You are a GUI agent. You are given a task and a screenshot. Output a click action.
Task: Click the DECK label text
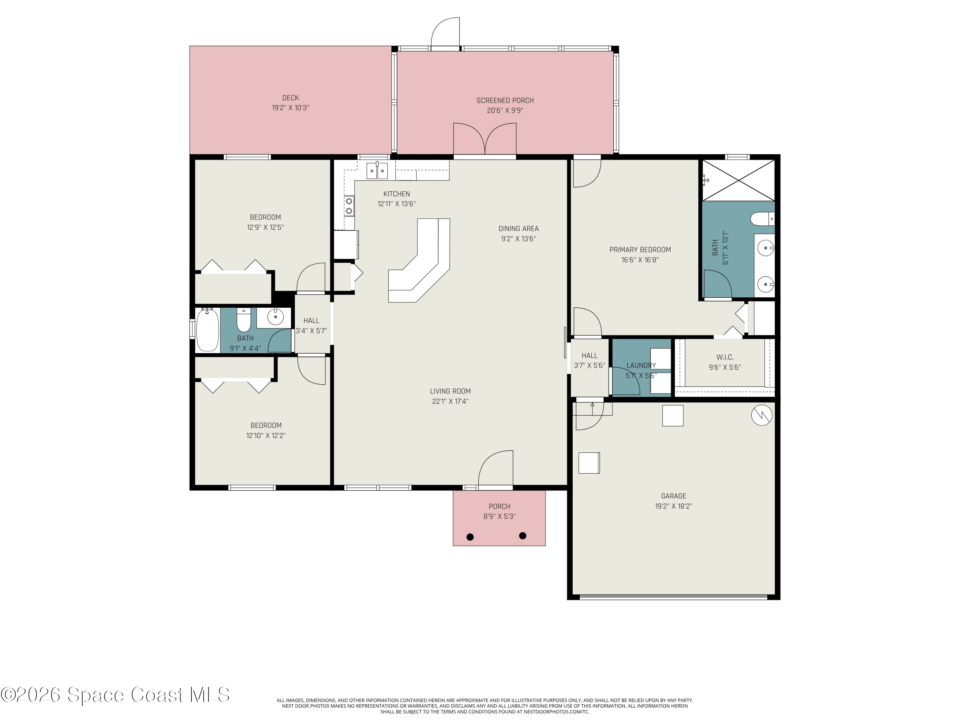point(290,98)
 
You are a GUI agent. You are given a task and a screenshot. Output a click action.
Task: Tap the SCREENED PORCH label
point(505,101)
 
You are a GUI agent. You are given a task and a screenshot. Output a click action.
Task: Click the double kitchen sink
point(377,170)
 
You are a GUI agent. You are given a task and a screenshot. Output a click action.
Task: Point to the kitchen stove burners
point(349,206)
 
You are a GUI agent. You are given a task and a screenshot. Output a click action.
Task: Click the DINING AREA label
point(518,229)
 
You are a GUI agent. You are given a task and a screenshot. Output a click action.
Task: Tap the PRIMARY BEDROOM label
point(640,250)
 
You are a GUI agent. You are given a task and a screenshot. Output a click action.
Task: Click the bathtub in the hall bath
point(208,330)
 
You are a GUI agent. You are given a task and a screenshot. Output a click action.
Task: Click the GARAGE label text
point(674,496)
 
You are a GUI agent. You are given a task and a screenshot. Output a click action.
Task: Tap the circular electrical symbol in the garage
point(762,415)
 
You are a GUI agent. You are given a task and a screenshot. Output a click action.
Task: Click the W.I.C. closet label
point(725,357)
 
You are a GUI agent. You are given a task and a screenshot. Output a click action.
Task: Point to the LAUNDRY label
point(641,366)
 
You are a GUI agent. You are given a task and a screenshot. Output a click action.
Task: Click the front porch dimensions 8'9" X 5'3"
point(500,516)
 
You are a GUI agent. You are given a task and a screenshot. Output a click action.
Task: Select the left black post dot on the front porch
point(470,537)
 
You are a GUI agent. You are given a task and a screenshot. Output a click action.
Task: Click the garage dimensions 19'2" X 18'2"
point(674,506)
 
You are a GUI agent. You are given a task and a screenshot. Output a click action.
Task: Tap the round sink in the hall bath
point(275,316)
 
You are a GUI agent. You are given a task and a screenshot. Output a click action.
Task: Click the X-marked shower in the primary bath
point(739,180)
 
